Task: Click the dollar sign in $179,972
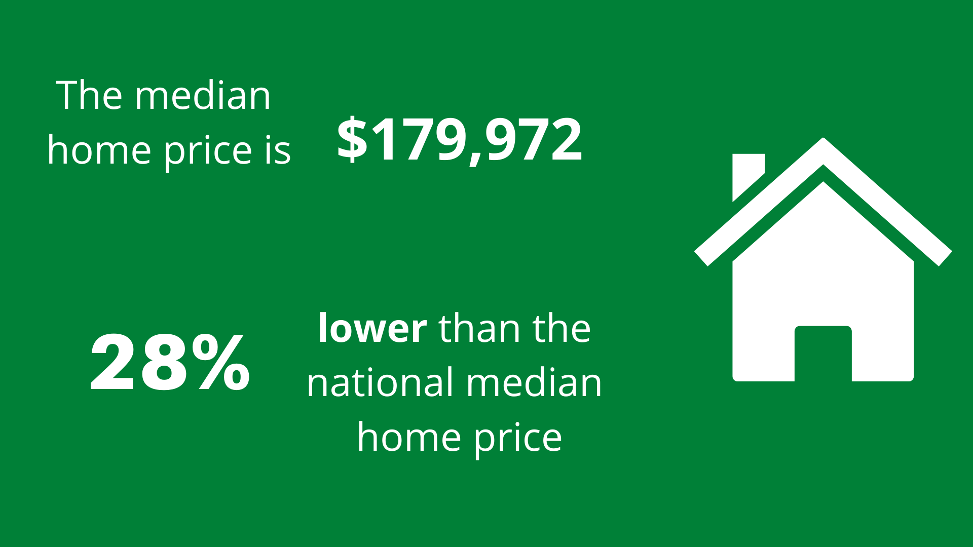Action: [x=352, y=138]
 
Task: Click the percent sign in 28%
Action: [x=221, y=362]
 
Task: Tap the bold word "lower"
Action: [x=372, y=328]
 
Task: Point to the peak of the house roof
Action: [x=824, y=139]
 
